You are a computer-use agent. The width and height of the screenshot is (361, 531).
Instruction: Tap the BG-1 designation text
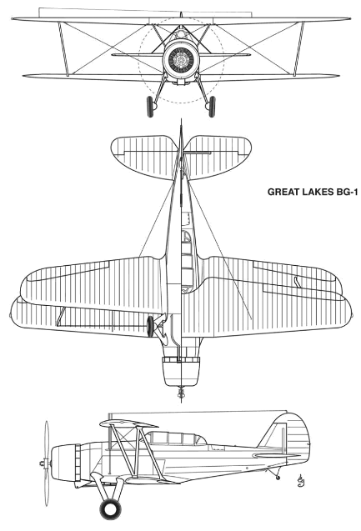click(x=347, y=192)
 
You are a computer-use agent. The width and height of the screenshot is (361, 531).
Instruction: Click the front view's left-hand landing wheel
click(x=150, y=107)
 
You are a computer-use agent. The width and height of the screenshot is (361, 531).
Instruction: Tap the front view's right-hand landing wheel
click(x=212, y=107)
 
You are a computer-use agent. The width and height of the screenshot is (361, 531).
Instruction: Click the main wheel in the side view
click(x=110, y=509)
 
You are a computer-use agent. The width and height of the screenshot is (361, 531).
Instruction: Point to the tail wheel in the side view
click(x=278, y=478)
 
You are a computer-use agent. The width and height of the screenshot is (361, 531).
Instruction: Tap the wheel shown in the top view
click(x=150, y=326)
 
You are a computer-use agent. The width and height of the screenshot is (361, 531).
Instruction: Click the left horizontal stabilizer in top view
click(x=145, y=156)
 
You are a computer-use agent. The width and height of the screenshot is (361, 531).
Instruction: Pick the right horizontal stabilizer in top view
click(x=218, y=156)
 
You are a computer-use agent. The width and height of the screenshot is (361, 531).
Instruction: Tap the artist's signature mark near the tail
click(x=299, y=479)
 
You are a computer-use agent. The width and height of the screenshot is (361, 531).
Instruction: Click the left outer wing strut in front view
click(x=63, y=48)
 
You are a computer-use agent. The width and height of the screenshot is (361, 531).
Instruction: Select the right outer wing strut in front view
click(x=299, y=48)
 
